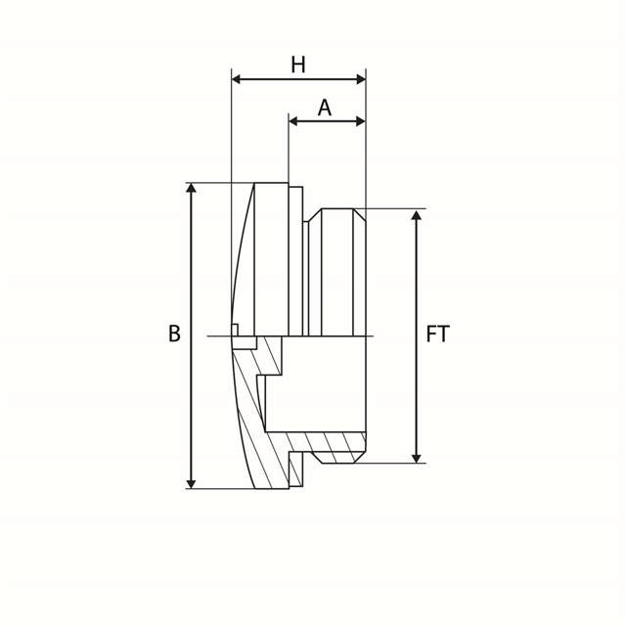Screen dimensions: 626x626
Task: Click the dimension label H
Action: pyautogui.click(x=298, y=66)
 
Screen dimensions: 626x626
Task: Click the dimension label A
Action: pyautogui.click(x=325, y=108)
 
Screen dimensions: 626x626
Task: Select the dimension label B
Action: pyautogui.click(x=174, y=334)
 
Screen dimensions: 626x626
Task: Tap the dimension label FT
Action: pyautogui.click(x=438, y=334)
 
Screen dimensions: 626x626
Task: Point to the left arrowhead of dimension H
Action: pyautogui.click(x=237, y=79)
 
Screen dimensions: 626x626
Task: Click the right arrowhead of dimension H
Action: pyautogui.click(x=361, y=79)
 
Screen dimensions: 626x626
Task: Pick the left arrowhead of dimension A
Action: pyautogui.click(x=293, y=121)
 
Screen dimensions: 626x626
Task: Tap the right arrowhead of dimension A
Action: pyautogui.click(x=361, y=121)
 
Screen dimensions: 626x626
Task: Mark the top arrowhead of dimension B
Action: pyautogui.click(x=192, y=188)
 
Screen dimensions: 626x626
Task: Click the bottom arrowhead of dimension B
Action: pyautogui.click(x=192, y=483)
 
